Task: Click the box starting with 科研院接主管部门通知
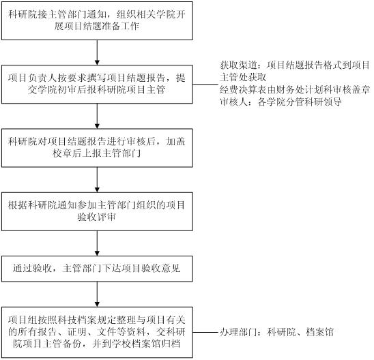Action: click(97, 20)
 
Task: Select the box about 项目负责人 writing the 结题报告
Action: click(97, 84)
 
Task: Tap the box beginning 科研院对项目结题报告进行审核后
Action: click(97, 148)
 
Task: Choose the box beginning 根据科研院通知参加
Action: click(97, 211)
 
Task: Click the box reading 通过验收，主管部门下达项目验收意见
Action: click(97, 269)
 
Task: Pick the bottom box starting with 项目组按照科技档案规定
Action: click(97, 332)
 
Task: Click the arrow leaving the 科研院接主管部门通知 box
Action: click(97, 52)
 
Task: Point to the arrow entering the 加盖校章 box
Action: click(97, 116)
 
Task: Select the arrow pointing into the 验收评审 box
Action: click(97, 179)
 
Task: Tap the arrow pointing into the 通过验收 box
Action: click(97, 243)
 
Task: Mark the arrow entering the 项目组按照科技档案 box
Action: click(97, 295)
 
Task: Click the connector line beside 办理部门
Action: click(205, 332)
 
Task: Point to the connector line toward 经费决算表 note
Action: click(205, 84)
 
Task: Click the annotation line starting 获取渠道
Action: click(294, 65)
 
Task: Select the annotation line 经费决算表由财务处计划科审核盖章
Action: click(294, 90)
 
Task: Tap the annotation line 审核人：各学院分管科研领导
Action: click(280, 102)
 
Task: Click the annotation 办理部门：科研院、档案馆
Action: click(276, 332)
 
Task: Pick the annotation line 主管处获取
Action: click(243, 77)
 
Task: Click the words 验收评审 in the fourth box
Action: click(97, 217)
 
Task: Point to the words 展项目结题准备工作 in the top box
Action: click(97, 26)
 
